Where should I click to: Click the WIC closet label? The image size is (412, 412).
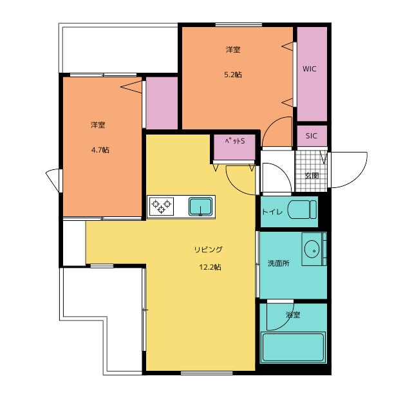[309, 69]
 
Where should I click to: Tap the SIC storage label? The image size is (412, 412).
[312, 136]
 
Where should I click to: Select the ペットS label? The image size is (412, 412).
[234, 141]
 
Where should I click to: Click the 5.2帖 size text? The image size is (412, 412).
[233, 75]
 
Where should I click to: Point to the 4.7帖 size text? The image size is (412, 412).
[100, 150]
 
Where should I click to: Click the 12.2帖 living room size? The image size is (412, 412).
[210, 267]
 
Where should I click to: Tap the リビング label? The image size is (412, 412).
[209, 249]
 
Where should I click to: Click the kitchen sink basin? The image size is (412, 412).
[200, 207]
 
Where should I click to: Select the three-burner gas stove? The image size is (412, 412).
[162, 207]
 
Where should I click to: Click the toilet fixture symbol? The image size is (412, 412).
[302, 209]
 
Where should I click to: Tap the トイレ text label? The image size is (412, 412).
[272, 212]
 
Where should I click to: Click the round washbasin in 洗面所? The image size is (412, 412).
[312, 249]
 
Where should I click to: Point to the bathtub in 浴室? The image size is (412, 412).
[293, 347]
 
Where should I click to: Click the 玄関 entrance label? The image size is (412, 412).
[312, 176]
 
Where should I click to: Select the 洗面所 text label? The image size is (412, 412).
[279, 263]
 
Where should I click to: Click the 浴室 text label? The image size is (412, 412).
[293, 315]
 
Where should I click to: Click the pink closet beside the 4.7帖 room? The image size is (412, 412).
[162, 103]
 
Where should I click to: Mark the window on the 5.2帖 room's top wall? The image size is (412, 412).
[239, 24]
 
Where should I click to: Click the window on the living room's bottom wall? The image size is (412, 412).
[207, 373]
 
